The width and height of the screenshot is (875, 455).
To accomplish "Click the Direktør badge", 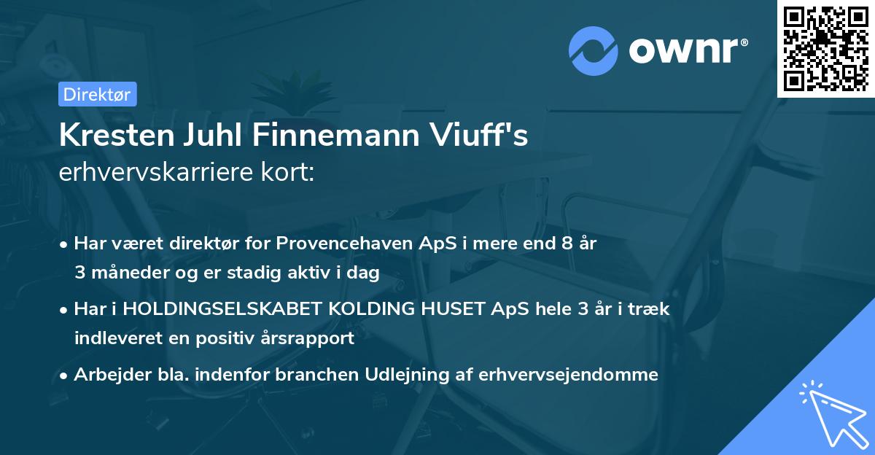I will click(97, 94).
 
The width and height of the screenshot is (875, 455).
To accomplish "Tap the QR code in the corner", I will click(825, 49).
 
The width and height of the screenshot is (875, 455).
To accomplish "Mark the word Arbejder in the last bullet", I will click(104, 375).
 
